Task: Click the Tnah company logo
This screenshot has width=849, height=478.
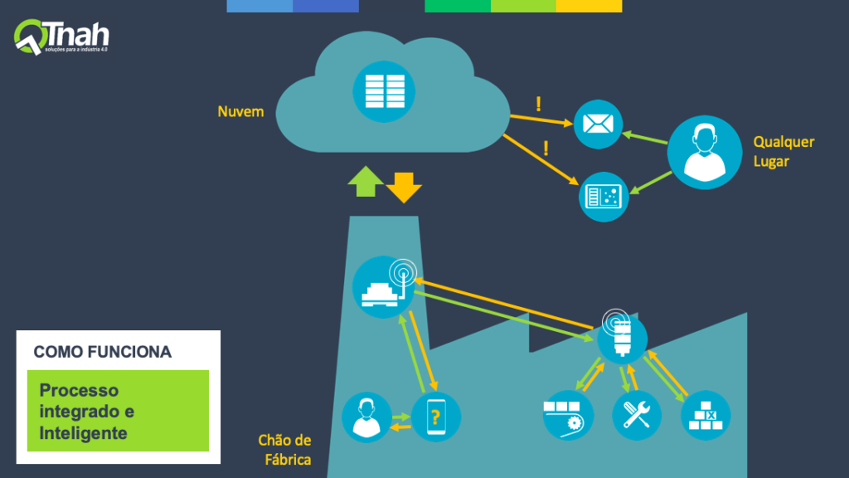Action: coord(61,37)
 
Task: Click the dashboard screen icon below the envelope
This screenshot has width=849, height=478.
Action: coord(604,196)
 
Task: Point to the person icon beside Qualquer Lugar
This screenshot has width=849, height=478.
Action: coord(704,151)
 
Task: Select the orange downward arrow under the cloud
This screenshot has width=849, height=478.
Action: coord(404,187)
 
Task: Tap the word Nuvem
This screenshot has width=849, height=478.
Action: coord(240,111)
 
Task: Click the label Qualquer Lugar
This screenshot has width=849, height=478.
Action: coord(784,151)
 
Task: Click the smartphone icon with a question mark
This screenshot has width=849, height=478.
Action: coord(435,416)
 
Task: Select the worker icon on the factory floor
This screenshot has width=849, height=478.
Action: coord(366,416)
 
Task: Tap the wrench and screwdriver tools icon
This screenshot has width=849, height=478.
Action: coord(637,415)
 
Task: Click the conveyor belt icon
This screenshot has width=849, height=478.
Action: coord(568,415)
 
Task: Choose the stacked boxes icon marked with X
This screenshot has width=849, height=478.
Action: coord(706,415)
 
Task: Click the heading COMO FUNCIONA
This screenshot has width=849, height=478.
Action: coord(103,352)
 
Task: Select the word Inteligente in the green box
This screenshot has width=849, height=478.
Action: coord(83,432)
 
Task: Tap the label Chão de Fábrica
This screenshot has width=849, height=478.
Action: coord(284,449)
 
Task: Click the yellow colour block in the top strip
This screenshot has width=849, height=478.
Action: coord(589,6)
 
